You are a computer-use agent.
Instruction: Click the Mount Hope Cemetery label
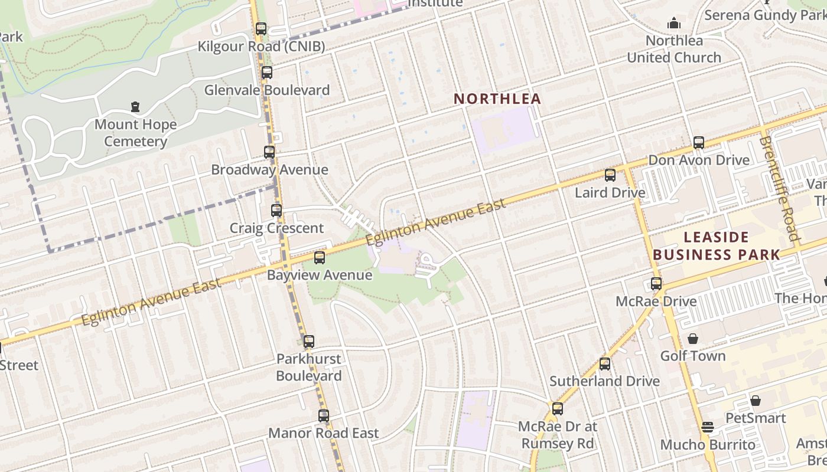[135, 133]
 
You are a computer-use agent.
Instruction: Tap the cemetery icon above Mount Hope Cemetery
[135, 107]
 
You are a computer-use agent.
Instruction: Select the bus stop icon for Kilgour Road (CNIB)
[261, 28]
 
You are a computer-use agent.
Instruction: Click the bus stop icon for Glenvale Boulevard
[267, 73]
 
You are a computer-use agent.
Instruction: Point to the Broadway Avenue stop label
[269, 170]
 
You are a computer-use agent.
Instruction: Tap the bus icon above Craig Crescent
[276, 210]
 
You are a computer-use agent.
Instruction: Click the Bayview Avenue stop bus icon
[320, 257]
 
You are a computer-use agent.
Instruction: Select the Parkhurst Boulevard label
[308, 367]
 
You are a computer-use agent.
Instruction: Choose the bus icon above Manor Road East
[323, 415]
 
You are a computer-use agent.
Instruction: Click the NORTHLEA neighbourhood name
[497, 99]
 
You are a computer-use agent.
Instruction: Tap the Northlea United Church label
[674, 49]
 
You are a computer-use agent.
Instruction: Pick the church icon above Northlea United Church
[674, 24]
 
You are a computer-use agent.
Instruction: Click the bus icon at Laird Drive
[610, 175]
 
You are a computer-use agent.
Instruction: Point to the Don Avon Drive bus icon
[699, 142]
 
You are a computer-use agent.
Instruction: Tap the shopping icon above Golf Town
[693, 339]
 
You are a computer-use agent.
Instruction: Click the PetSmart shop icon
[755, 401]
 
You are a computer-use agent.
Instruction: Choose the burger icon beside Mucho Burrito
[708, 427]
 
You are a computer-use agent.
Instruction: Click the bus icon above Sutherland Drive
[604, 363]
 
